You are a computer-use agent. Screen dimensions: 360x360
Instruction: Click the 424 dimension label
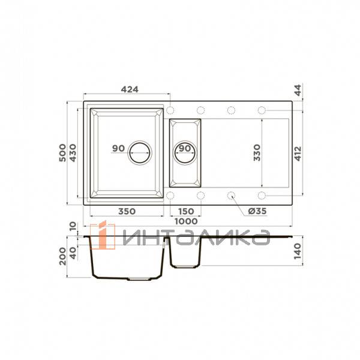point(130,89)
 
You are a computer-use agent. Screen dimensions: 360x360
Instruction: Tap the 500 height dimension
point(62,153)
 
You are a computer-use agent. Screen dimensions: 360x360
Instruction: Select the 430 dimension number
point(73,153)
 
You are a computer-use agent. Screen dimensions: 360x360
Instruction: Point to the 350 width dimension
point(127,211)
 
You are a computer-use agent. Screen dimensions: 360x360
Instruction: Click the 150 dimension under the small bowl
point(186,211)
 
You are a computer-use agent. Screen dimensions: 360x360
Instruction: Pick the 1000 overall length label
point(186,221)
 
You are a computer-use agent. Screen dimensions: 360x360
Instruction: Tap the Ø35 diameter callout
point(257,211)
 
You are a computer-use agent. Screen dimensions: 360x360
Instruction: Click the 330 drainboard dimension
point(257,153)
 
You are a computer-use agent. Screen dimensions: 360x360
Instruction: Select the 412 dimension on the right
point(298,154)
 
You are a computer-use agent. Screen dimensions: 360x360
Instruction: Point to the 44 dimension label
point(298,90)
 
